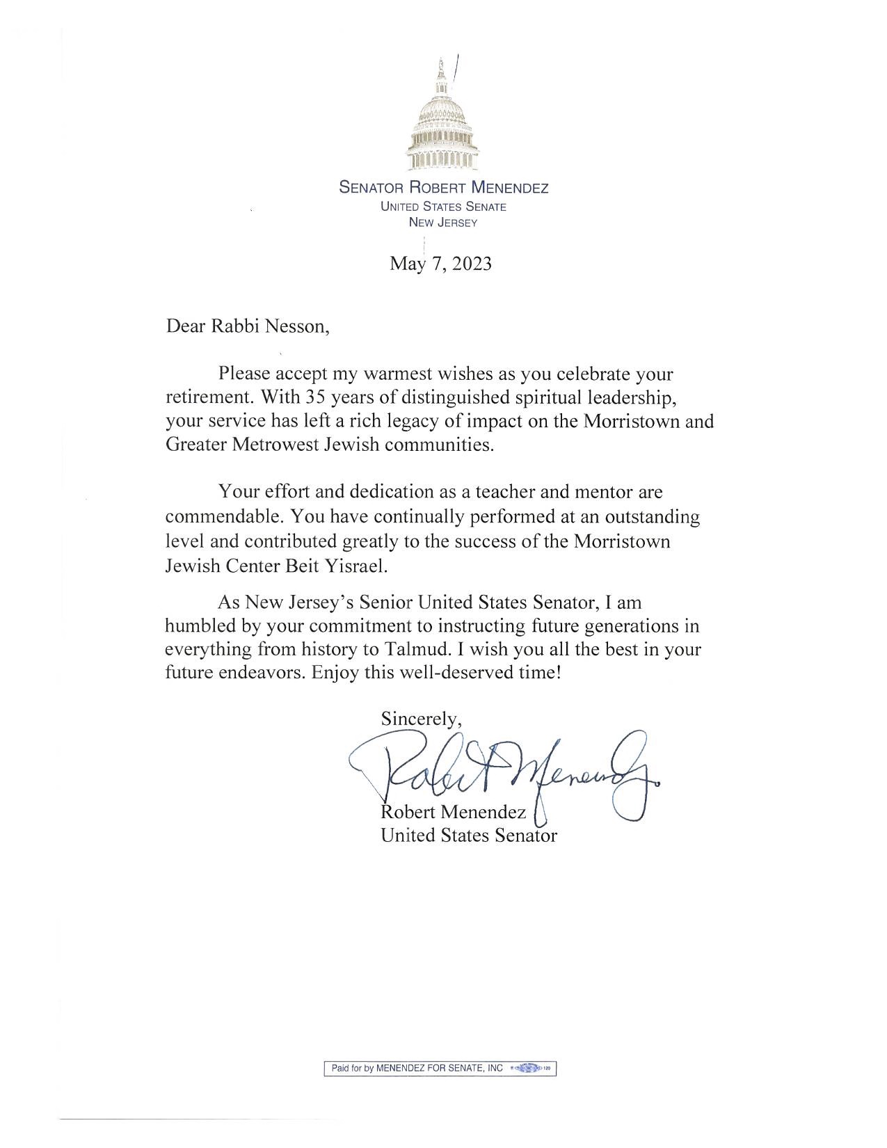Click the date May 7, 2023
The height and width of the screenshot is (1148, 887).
pyautogui.click(x=441, y=264)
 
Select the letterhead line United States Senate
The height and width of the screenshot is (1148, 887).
pyautogui.click(x=442, y=207)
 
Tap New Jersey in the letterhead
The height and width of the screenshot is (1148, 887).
pyautogui.click(x=442, y=223)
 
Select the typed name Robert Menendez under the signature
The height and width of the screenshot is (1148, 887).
pyautogui.click(x=453, y=812)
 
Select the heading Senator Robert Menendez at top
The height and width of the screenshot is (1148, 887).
pyautogui.click(x=443, y=188)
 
